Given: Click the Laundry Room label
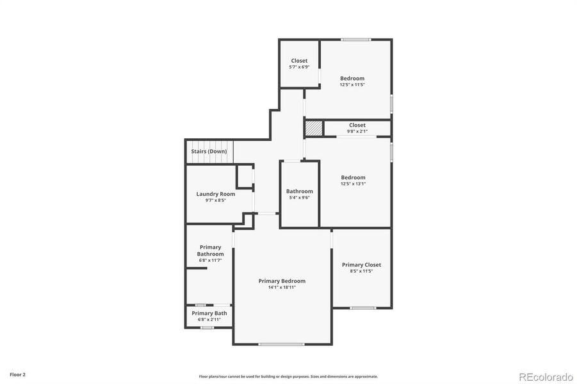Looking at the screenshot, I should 215,194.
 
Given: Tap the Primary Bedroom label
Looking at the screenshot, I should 282,281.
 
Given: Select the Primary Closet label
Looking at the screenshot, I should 361,265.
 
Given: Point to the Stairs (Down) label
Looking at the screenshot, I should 209,152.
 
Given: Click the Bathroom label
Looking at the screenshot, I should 299,191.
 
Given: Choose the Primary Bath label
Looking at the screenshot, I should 209,313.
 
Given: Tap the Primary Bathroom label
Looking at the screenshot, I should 210,250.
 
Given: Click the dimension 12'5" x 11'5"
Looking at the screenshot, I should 352,84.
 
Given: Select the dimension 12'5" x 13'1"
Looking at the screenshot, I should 353,184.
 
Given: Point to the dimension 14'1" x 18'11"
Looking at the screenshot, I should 282,287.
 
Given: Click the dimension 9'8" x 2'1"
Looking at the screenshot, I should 357,131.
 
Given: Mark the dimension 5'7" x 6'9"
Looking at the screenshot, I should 299,67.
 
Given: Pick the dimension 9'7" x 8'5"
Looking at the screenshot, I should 215,200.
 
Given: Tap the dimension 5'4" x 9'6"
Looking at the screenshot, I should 299,198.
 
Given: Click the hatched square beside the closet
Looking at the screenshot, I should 313,128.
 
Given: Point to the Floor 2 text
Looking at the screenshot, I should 17,374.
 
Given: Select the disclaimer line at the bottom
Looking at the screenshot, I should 288,376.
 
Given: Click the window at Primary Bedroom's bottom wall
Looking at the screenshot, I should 281,344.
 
